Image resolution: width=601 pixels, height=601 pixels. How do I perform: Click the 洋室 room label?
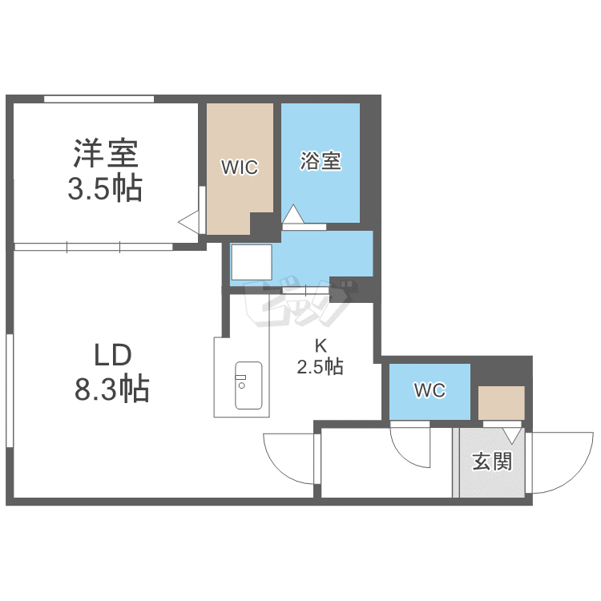coord(106,152)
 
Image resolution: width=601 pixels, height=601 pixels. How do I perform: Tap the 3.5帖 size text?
coord(106,189)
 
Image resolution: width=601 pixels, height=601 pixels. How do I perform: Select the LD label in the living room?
coord(112,354)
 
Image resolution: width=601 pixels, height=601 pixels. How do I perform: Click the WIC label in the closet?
coord(240,167)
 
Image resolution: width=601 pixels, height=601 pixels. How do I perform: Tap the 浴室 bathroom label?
coord(321,161)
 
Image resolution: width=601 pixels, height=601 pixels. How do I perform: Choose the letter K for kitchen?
coord(321,346)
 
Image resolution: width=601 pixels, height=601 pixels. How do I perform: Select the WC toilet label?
coord(430,391)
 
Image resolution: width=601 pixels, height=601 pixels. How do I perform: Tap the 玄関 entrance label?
coord(491,462)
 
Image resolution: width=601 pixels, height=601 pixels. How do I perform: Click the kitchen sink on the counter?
coord(248,385)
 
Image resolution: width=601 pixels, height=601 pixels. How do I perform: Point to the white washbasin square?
coord(252,260)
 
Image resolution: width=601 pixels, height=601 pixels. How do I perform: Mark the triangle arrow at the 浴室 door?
coord(292,215)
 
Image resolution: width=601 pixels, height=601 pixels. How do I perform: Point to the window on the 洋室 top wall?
coord(99,99)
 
